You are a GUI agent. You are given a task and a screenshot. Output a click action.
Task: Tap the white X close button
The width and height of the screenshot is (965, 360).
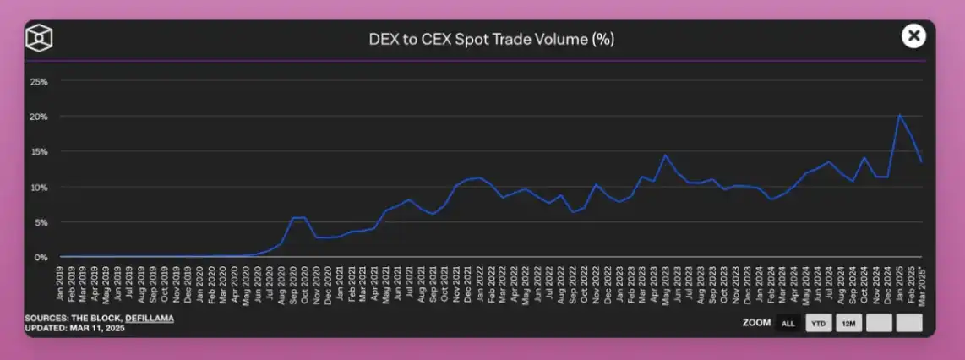tap(913, 35)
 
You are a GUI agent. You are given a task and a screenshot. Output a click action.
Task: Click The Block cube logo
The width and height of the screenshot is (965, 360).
tap(39, 39)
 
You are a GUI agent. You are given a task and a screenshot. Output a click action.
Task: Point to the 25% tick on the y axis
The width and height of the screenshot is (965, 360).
tap(39, 81)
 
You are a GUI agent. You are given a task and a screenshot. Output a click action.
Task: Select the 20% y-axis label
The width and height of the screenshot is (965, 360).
tap(39, 117)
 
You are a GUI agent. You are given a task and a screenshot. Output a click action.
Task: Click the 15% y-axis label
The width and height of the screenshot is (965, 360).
tap(39, 152)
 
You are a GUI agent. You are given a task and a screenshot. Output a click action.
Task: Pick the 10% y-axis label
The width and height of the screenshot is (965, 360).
tap(39, 187)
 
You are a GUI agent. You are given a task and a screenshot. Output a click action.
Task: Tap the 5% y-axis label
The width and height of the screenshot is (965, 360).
tap(41, 222)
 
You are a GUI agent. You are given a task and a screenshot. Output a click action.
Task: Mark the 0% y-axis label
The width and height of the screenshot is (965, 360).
tap(41, 257)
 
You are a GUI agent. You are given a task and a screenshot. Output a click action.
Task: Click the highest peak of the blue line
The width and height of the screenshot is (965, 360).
tap(899, 115)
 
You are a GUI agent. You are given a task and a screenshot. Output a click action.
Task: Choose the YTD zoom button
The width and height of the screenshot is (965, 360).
tap(818, 323)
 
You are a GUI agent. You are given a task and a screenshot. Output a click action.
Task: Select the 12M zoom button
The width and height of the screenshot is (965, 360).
tap(848, 323)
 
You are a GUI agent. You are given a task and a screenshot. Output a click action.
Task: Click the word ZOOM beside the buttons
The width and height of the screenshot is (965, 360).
tap(755, 323)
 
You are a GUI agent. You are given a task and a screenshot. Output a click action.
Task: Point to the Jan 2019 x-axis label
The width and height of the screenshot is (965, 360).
tap(60, 281)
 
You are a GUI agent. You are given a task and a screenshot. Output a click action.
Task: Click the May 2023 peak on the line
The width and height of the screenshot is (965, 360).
tap(665, 155)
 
